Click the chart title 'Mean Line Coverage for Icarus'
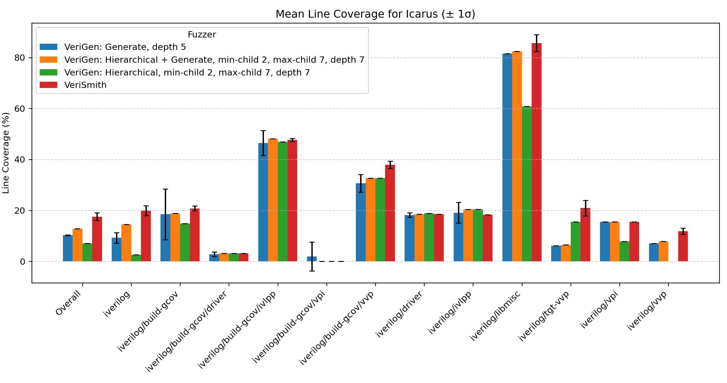point(375,14)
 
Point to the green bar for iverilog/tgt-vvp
point(576,241)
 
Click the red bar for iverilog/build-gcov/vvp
point(390,213)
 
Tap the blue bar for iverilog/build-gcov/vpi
point(312,259)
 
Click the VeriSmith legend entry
point(85,85)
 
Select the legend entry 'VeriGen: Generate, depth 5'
point(125,47)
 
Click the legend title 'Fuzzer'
point(202,35)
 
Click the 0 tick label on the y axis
point(23,262)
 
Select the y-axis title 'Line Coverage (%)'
point(6,153)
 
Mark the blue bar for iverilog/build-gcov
point(165,238)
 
